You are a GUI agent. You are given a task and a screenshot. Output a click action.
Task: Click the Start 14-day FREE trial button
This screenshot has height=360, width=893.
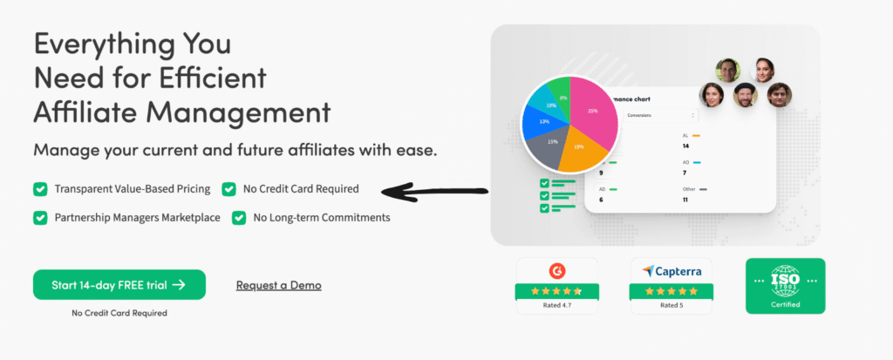coord(119,284)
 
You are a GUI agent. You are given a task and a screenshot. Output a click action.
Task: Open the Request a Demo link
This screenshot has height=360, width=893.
coord(278,285)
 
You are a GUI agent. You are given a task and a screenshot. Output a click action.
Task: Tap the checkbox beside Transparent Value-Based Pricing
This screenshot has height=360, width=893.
coord(40,188)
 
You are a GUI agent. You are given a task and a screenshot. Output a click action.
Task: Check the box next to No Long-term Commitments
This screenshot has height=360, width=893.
coord(239,217)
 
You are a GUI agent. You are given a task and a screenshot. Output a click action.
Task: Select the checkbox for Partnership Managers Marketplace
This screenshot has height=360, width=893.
coord(40,217)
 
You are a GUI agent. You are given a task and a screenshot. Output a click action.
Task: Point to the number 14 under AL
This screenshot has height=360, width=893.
coord(685,147)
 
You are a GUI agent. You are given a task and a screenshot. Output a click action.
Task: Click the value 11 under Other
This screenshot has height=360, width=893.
coord(685,200)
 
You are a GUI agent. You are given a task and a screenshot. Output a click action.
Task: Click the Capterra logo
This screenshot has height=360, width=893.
coord(671,270)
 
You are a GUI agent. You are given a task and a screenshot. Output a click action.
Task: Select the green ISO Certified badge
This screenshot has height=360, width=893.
coord(785,286)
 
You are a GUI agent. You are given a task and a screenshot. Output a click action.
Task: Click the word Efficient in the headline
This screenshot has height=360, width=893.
coord(214,78)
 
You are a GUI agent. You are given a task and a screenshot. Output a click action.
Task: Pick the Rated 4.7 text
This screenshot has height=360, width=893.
coord(556,306)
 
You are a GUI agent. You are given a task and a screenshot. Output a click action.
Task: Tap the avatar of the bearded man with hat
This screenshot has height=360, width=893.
coord(744,94)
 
